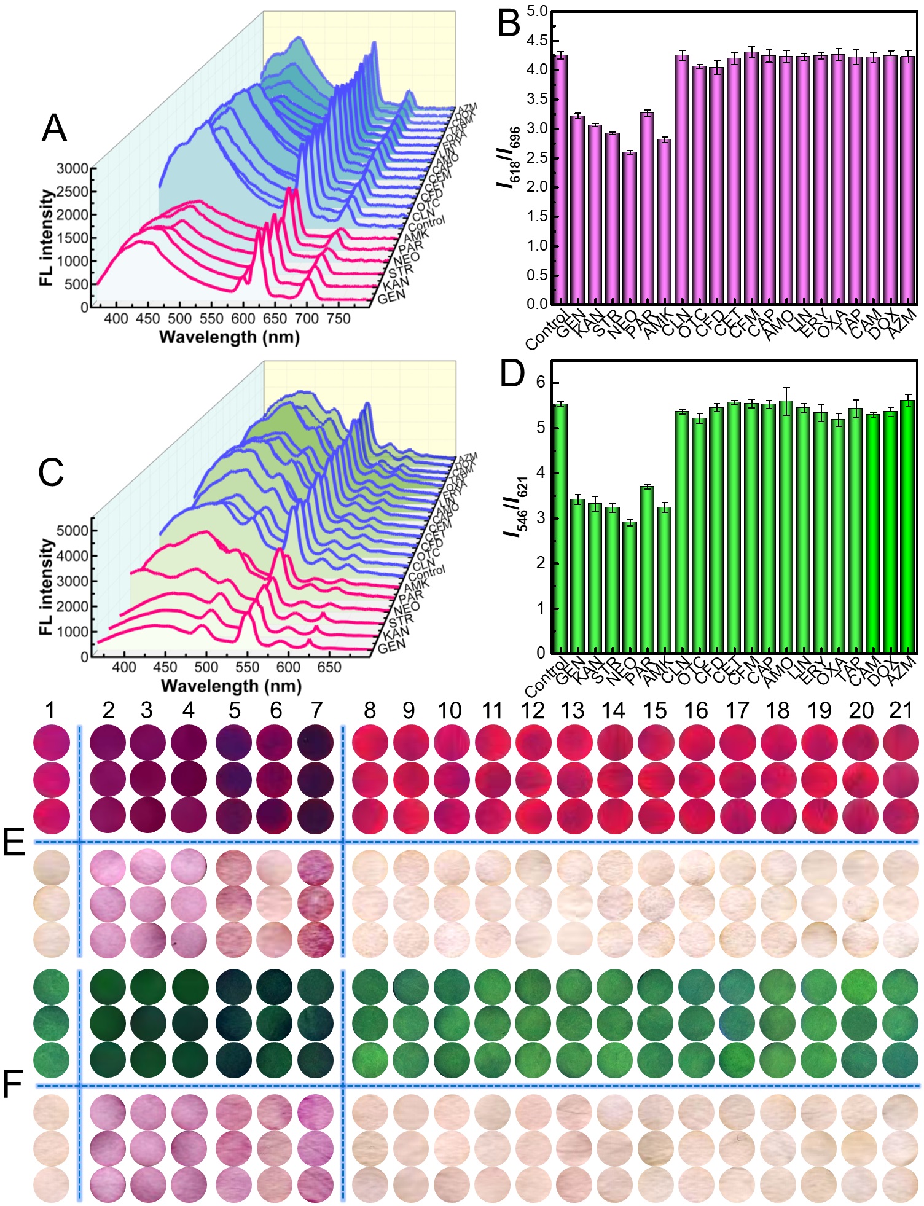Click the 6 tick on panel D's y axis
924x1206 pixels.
click(x=541, y=382)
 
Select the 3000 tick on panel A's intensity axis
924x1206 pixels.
click(x=72, y=168)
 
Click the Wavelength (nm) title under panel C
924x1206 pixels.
click(x=230, y=686)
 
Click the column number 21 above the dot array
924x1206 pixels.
click(x=901, y=711)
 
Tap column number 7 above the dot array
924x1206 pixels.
click(x=316, y=711)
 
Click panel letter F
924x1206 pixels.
click(x=12, y=1085)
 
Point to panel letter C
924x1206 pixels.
click(x=51, y=473)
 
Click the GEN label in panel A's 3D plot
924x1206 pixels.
click(x=391, y=297)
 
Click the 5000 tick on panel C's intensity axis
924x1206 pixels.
click(x=72, y=531)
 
